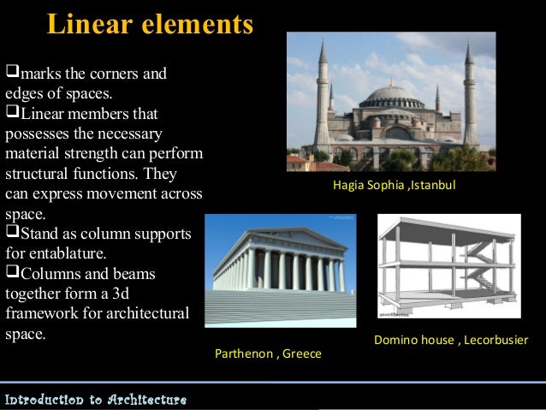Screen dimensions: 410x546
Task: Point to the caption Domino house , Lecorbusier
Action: (451, 340)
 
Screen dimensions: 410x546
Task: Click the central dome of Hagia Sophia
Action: (391, 94)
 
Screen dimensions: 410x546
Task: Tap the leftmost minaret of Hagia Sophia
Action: (321, 94)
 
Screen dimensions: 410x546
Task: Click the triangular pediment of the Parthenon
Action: (282, 235)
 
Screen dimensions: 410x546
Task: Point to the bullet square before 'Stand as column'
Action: (11, 233)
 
